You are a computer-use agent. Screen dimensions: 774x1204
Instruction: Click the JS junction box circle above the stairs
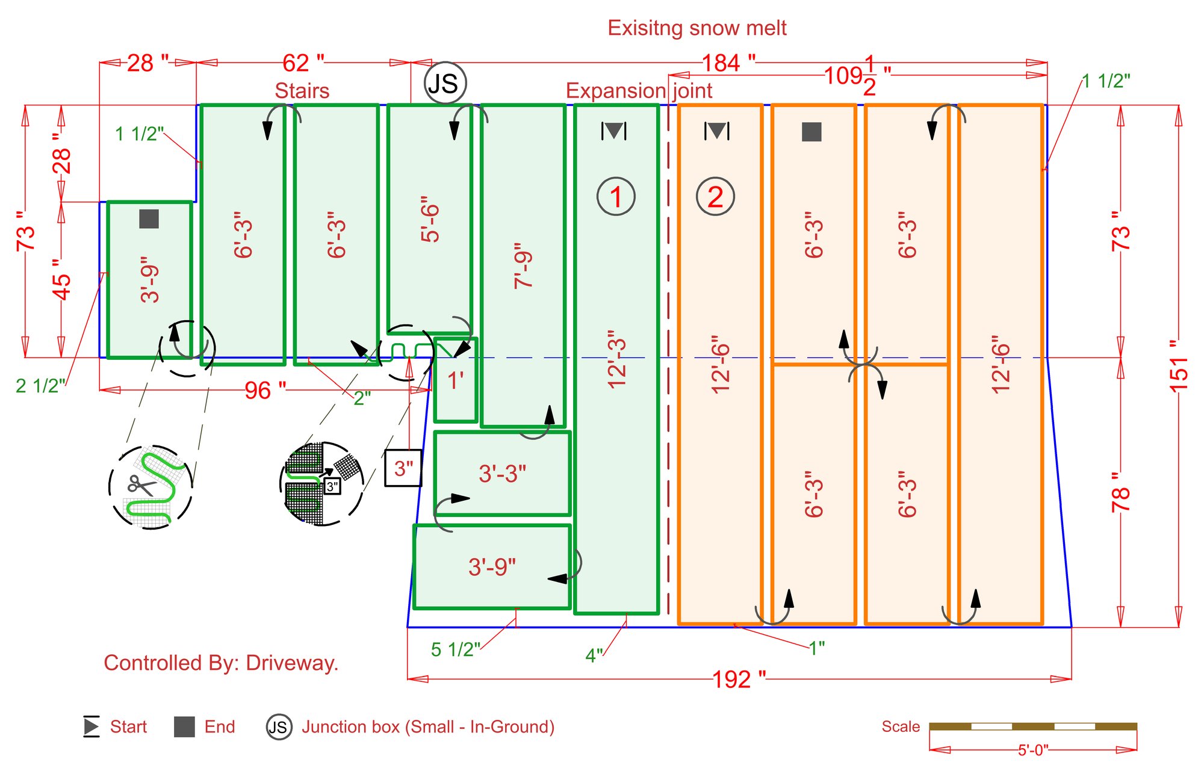pyautogui.click(x=445, y=83)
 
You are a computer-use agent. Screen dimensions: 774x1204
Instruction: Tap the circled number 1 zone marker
pyautogui.click(x=616, y=197)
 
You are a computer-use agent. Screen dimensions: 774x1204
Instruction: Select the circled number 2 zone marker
pyautogui.click(x=715, y=197)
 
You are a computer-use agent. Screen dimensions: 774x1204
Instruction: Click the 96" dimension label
pyautogui.click(x=265, y=391)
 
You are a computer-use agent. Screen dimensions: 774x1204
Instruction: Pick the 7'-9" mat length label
pyautogui.click(x=523, y=266)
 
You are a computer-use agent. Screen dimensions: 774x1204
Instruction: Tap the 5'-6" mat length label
pyautogui.click(x=430, y=219)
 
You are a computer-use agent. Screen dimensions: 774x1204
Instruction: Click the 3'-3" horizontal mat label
pyautogui.click(x=503, y=474)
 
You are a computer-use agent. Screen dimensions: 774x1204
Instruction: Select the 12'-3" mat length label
pyautogui.click(x=617, y=359)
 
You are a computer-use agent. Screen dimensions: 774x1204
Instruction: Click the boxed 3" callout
pyautogui.click(x=403, y=468)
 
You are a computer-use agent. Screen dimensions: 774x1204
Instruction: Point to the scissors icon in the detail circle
pyautogui.click(x=141, y=485)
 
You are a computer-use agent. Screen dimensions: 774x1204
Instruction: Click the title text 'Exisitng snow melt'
pyautogui.click(x=697, y=28)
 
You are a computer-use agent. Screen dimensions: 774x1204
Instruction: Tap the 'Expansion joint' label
pyautogui.click(x=639, y=91)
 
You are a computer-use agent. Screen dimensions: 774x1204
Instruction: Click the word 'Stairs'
pyautogui.click(x=302, y=91)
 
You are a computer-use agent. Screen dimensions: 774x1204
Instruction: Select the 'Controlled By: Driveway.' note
pyautogui.click(x=221, y=663)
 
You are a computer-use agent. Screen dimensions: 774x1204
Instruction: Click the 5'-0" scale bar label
pyautogui.click(x=1033, y=750)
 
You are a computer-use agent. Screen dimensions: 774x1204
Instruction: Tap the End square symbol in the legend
pyautogui.click(x=184, y=726)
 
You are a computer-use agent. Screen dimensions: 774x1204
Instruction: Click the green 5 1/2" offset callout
pyautogui.click(x=456, y=649)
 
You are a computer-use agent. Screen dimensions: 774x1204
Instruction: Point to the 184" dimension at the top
pyautogui.click(x=728, y=63)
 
